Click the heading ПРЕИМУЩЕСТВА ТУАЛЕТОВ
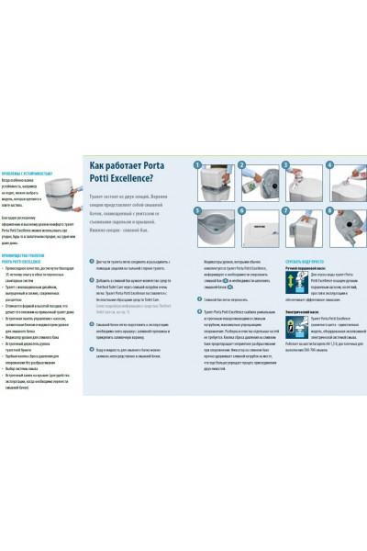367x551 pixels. click(27, 233)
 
